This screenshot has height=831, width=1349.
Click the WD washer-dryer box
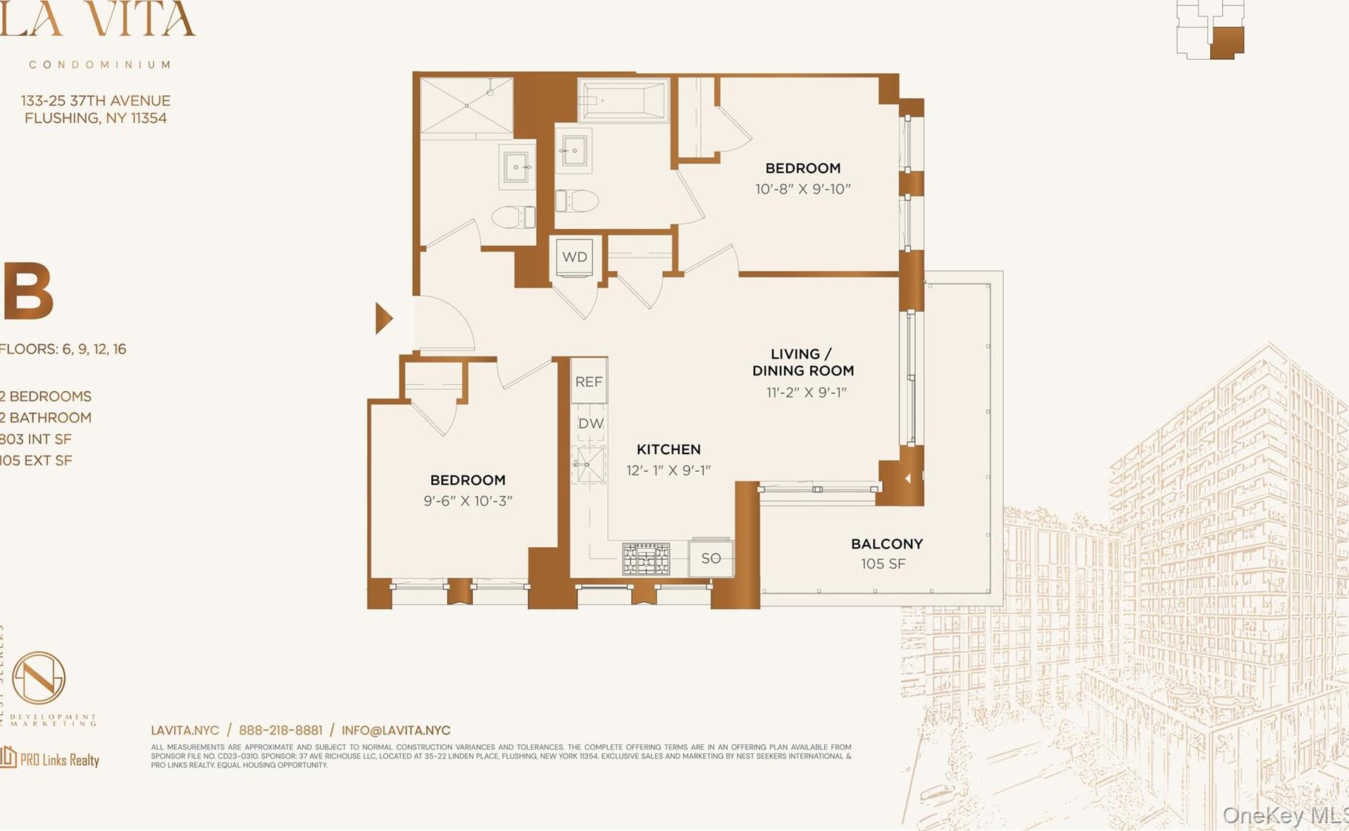coord(575,257)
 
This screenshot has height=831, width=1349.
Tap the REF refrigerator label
coord(589,382)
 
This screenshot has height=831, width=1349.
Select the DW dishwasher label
coord(590,423)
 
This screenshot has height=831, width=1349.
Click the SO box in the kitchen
coord(711,558)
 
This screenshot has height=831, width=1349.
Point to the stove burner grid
coord(646,558)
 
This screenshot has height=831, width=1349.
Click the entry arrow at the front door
coord(383,318)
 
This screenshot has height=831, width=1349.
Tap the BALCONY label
coord(886,544)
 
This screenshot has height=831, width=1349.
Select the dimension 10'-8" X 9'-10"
coord(802,189)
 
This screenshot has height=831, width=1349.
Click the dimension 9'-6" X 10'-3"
coord(468,501)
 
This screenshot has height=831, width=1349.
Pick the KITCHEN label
coord(669,449)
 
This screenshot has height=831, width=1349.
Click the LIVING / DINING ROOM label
coord(802,362)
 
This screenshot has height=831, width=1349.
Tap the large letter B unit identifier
coord(28,291)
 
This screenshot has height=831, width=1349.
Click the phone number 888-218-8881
coord(280,730)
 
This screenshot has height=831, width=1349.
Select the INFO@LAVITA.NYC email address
coord(396,730)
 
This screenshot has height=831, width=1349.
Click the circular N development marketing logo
coord(39,677)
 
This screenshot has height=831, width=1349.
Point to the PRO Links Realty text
coord(59,760)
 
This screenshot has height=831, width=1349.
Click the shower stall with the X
coord(466,106)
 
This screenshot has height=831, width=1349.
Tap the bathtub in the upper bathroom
coord(623,100)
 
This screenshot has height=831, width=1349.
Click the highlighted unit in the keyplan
coord(1226,42)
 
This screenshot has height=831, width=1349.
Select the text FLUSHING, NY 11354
coord(96,118)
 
